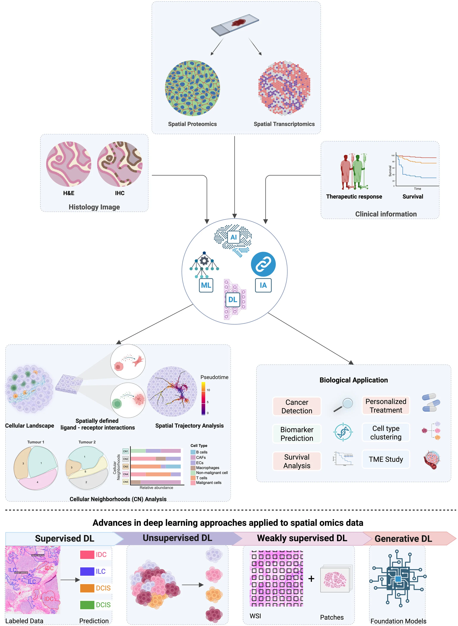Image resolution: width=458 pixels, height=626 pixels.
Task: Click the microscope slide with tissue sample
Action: click(x=235, y=26)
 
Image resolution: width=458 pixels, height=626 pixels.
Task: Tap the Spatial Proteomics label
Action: click(x=192, y=124)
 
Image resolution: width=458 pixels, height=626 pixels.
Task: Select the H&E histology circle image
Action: click(x=68, y=164)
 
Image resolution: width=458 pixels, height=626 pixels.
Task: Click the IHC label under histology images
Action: click(x=120, y=193)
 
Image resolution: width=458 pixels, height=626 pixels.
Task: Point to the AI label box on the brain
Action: click(x=234, y=237)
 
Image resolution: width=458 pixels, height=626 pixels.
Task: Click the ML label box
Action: click(x=206, y=285)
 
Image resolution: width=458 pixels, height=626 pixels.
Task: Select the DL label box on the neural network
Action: click(x=233, y=300)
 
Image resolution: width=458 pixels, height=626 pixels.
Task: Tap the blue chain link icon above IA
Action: click(x=263, y=264)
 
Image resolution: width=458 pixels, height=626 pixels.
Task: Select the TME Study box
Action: click(x=386, y=459)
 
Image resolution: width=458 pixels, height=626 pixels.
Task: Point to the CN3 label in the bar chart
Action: click(x=126, y=466)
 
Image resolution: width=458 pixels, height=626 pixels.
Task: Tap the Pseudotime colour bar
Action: click(x=203, y=399)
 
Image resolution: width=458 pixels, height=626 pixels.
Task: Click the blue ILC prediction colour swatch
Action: click(x=87, y=571)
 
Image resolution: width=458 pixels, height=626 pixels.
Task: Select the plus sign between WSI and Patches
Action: click(x=311, y=579)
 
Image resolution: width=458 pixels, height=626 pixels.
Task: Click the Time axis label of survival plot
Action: click(x=417, y=189)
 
